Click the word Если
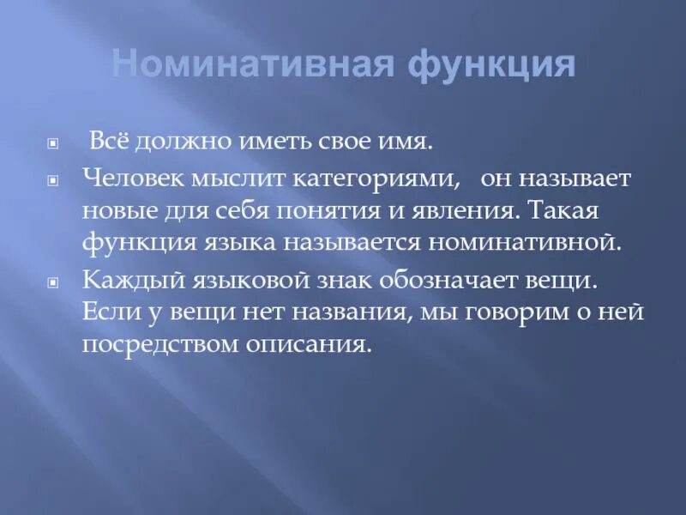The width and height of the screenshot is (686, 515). click(x=109, y=312)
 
